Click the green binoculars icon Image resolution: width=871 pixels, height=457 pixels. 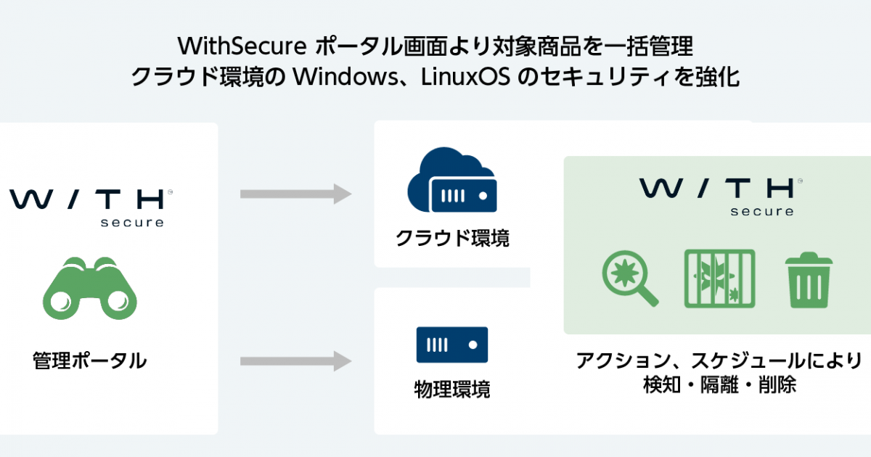pos(90,288)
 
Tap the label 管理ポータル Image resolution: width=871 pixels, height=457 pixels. pos(89,361)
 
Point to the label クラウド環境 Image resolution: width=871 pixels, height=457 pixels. pos(452,238)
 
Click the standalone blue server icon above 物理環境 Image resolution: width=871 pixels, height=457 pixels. pos(452,345)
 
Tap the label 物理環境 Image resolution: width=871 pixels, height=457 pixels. pos(452,390)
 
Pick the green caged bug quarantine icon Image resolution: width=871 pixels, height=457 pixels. pos(719,279)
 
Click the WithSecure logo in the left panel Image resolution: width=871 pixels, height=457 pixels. pos(91,205)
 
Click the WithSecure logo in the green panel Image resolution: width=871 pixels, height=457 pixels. pos(719,194)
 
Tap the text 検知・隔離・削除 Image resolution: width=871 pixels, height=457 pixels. pos(719,385)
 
